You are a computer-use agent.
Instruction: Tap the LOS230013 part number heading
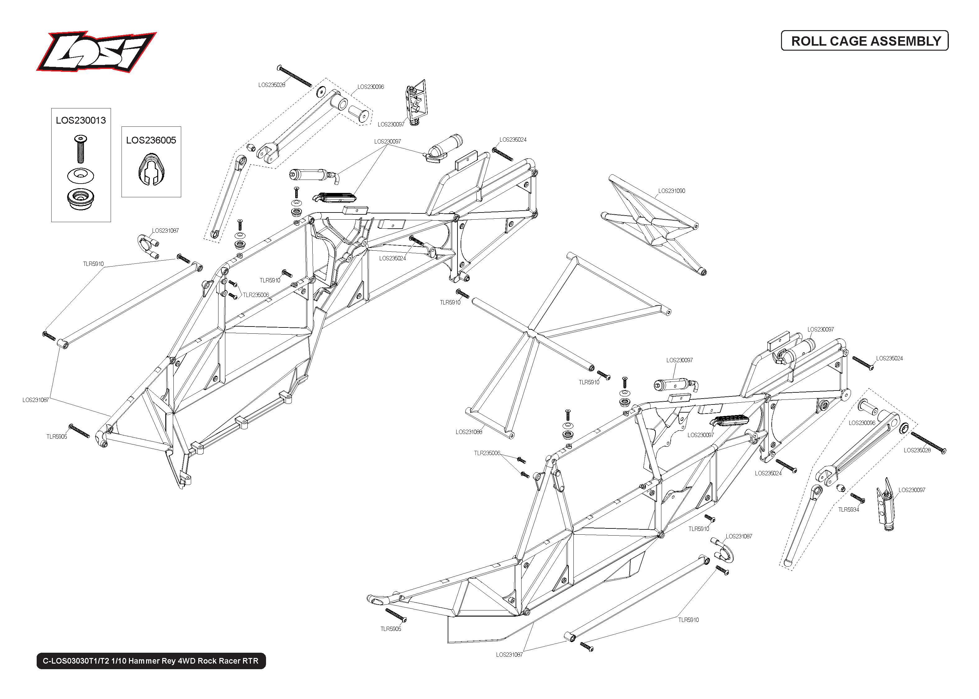tap(81, 121)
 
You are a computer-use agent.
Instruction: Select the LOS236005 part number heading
tap(151, 140)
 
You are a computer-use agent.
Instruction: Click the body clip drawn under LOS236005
tap(151, 171)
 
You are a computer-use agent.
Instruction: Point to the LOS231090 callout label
tap(671, 191)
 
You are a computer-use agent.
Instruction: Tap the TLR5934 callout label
tap(848, 509)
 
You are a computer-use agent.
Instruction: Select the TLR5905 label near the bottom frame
tap(390, 629)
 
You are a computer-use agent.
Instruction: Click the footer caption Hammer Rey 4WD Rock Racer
tap(151, 661)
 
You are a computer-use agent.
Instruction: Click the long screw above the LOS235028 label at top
tap(295, 76)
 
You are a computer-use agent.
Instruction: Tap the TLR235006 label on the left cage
tap(256, 295)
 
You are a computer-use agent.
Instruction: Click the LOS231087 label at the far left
tap(35, 400)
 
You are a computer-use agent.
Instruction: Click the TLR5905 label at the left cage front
tap(57, 437)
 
